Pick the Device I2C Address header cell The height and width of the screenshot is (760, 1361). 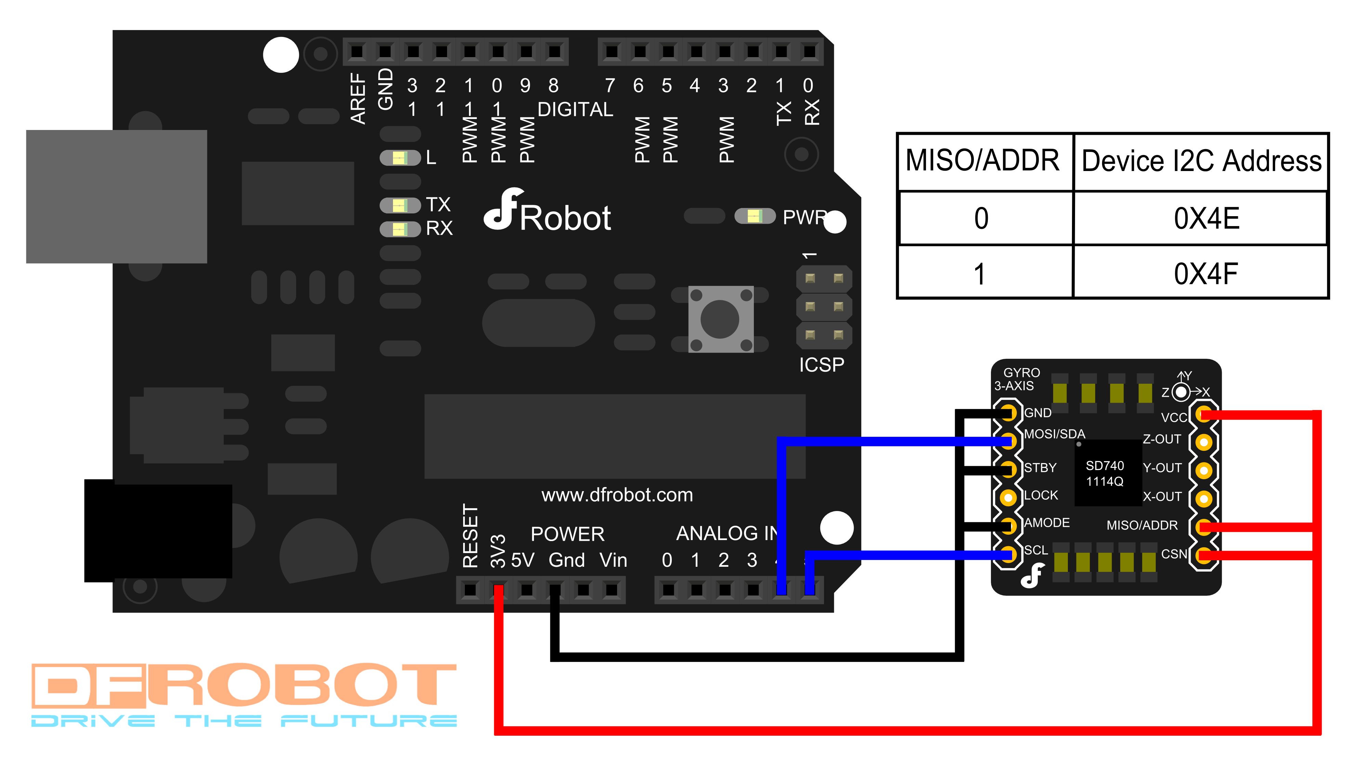point(1200,161)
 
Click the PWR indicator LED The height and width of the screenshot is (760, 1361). point(755,216)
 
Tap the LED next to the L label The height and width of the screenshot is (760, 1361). point(400,157)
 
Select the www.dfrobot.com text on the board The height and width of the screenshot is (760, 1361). point(617,495)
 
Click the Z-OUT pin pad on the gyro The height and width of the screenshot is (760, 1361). point(1204,442)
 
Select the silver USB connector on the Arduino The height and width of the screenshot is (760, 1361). point(116,196)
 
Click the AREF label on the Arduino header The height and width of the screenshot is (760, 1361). point(358,99)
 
